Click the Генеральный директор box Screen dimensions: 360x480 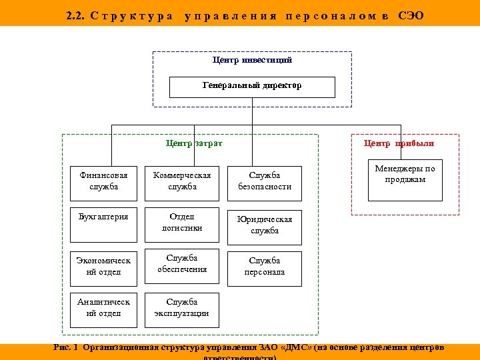[252, 87]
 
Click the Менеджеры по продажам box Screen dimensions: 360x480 [405, 181]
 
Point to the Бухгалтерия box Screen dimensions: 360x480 [103, 225]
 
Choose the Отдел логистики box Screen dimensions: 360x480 [182, 225]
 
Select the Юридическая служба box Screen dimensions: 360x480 [265, 227]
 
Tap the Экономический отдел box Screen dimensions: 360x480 [103, 267]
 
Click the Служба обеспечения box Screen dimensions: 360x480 [182, 267]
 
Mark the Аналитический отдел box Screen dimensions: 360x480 [103, 309]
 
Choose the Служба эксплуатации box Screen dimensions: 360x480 [182, 309]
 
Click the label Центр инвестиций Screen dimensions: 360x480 [252, 60]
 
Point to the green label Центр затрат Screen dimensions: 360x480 [194, 143]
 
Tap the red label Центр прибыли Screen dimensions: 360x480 [399, 143]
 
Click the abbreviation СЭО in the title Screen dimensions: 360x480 [411, 15]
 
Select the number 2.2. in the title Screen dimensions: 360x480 [75, 15]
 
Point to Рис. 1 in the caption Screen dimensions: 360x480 [65, 348]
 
